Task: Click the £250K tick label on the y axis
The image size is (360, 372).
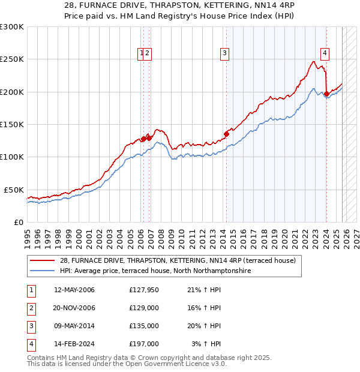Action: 12,59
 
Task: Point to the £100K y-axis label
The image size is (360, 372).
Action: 12,157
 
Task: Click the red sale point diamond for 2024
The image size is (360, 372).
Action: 326,94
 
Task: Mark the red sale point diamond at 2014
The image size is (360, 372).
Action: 226,134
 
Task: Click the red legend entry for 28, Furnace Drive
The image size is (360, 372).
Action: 178,260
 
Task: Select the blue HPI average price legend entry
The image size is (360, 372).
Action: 155,271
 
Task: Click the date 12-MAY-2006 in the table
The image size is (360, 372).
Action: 74,290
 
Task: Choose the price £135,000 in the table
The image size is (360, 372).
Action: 144,326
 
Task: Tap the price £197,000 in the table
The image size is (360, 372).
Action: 144,344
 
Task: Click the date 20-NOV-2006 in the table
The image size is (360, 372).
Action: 74,308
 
